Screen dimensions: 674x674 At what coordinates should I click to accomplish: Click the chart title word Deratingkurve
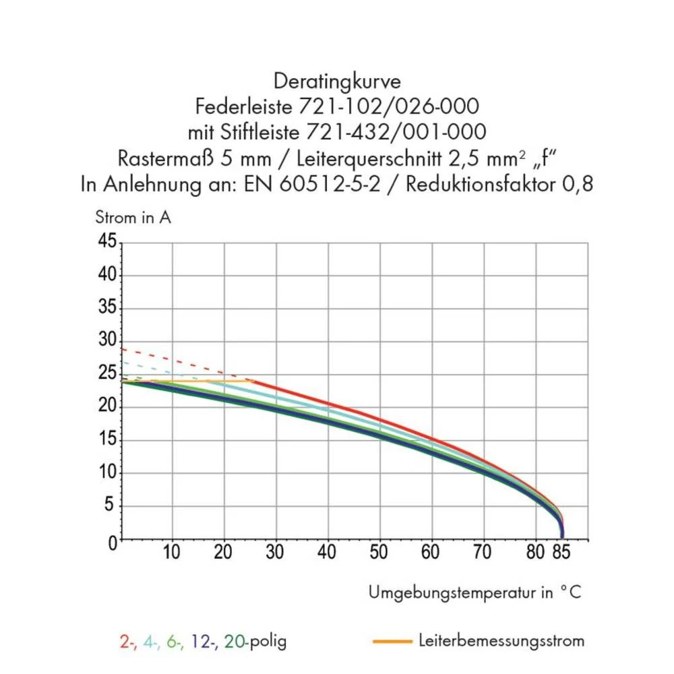(x=337, y=82)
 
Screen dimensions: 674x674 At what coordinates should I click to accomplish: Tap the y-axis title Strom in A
(x=133, y=218)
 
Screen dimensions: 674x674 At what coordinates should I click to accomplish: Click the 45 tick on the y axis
(x=106, y=241)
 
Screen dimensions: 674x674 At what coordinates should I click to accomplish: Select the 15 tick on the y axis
(x=106, y=439)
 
